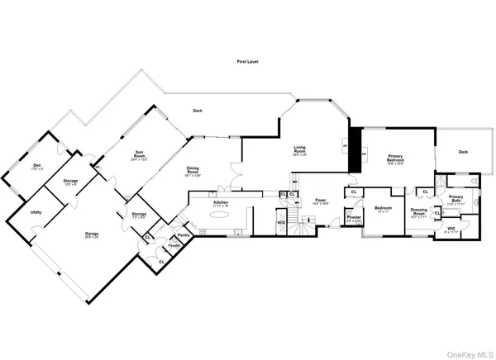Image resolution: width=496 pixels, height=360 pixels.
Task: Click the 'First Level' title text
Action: [248, 62]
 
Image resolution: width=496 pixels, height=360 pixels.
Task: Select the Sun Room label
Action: [141, 154]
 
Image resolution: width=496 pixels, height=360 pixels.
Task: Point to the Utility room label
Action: [36, 212]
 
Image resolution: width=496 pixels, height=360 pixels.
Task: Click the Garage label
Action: [91, 234]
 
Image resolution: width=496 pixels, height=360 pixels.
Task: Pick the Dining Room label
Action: [192, 170]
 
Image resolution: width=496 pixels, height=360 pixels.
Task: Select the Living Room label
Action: [299, 150]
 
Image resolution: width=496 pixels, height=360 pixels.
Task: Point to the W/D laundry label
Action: [281, 222]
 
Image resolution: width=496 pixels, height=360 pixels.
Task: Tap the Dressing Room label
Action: [418, 212]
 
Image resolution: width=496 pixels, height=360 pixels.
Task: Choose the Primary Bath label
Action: [456, 200]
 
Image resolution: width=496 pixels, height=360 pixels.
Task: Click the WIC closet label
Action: [451, 229]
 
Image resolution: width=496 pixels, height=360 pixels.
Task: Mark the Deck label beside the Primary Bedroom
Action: [463, 152]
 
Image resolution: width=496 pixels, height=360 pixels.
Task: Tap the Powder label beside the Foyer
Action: [353, 220]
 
